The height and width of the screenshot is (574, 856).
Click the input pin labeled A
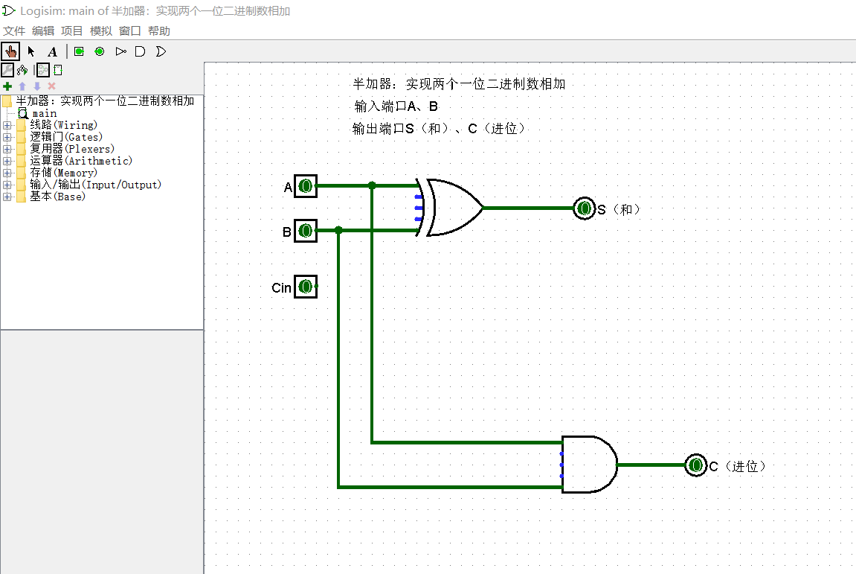pos(305,186)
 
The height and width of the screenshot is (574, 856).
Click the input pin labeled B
pos(305,231)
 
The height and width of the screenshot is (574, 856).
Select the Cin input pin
pos(305,287)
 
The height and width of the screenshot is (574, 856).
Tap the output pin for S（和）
pos(585,208)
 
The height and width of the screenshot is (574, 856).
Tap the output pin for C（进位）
pos(695,465)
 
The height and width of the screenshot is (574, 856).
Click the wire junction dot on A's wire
pos(372,185)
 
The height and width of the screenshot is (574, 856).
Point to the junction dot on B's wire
pos(338,231)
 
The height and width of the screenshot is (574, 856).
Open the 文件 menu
pos(14,31)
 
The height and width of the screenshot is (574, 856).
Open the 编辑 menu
pos(43,31)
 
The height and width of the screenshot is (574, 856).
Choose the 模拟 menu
pos(101,31)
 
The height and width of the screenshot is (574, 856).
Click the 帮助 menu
pos(159,31)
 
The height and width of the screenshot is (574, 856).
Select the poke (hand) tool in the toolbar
pos(10,51)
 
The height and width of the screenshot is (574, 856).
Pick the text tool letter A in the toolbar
pos(52,51)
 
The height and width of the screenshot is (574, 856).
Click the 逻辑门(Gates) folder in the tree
pos(66,137)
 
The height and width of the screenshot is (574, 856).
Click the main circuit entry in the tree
pos(44,113)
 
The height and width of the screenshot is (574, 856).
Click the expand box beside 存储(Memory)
pos(7,173)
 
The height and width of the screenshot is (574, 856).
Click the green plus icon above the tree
pos(7,86)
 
